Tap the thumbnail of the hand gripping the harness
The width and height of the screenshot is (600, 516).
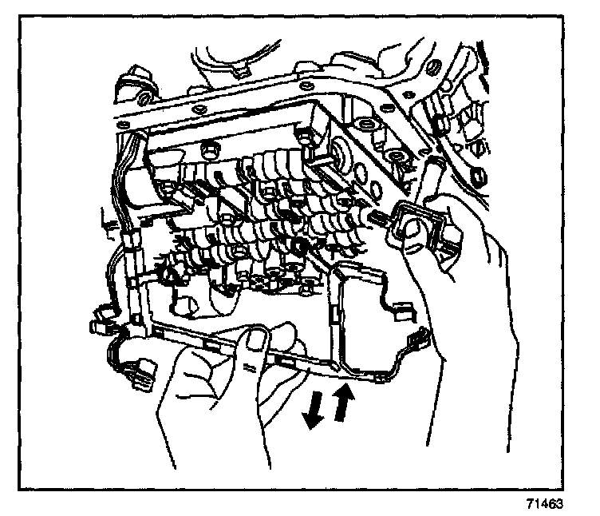pos(256,343)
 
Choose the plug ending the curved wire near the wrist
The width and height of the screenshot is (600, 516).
pos(416,343)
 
